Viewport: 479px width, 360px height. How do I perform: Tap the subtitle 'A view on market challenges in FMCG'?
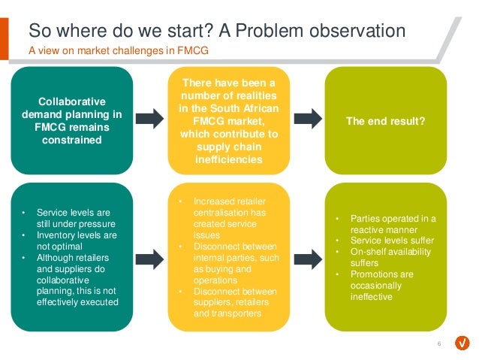[118, 51]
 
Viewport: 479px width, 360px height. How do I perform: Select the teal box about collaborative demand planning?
[71, 120]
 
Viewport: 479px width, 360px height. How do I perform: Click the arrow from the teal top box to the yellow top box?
[150, 119]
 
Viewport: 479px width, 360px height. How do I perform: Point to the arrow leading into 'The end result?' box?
[307, 119]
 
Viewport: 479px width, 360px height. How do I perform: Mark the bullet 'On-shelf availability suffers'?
[387, 257]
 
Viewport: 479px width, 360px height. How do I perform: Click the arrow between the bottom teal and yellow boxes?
[150, 259]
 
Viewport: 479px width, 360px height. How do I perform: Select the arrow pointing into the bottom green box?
[307, 259]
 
